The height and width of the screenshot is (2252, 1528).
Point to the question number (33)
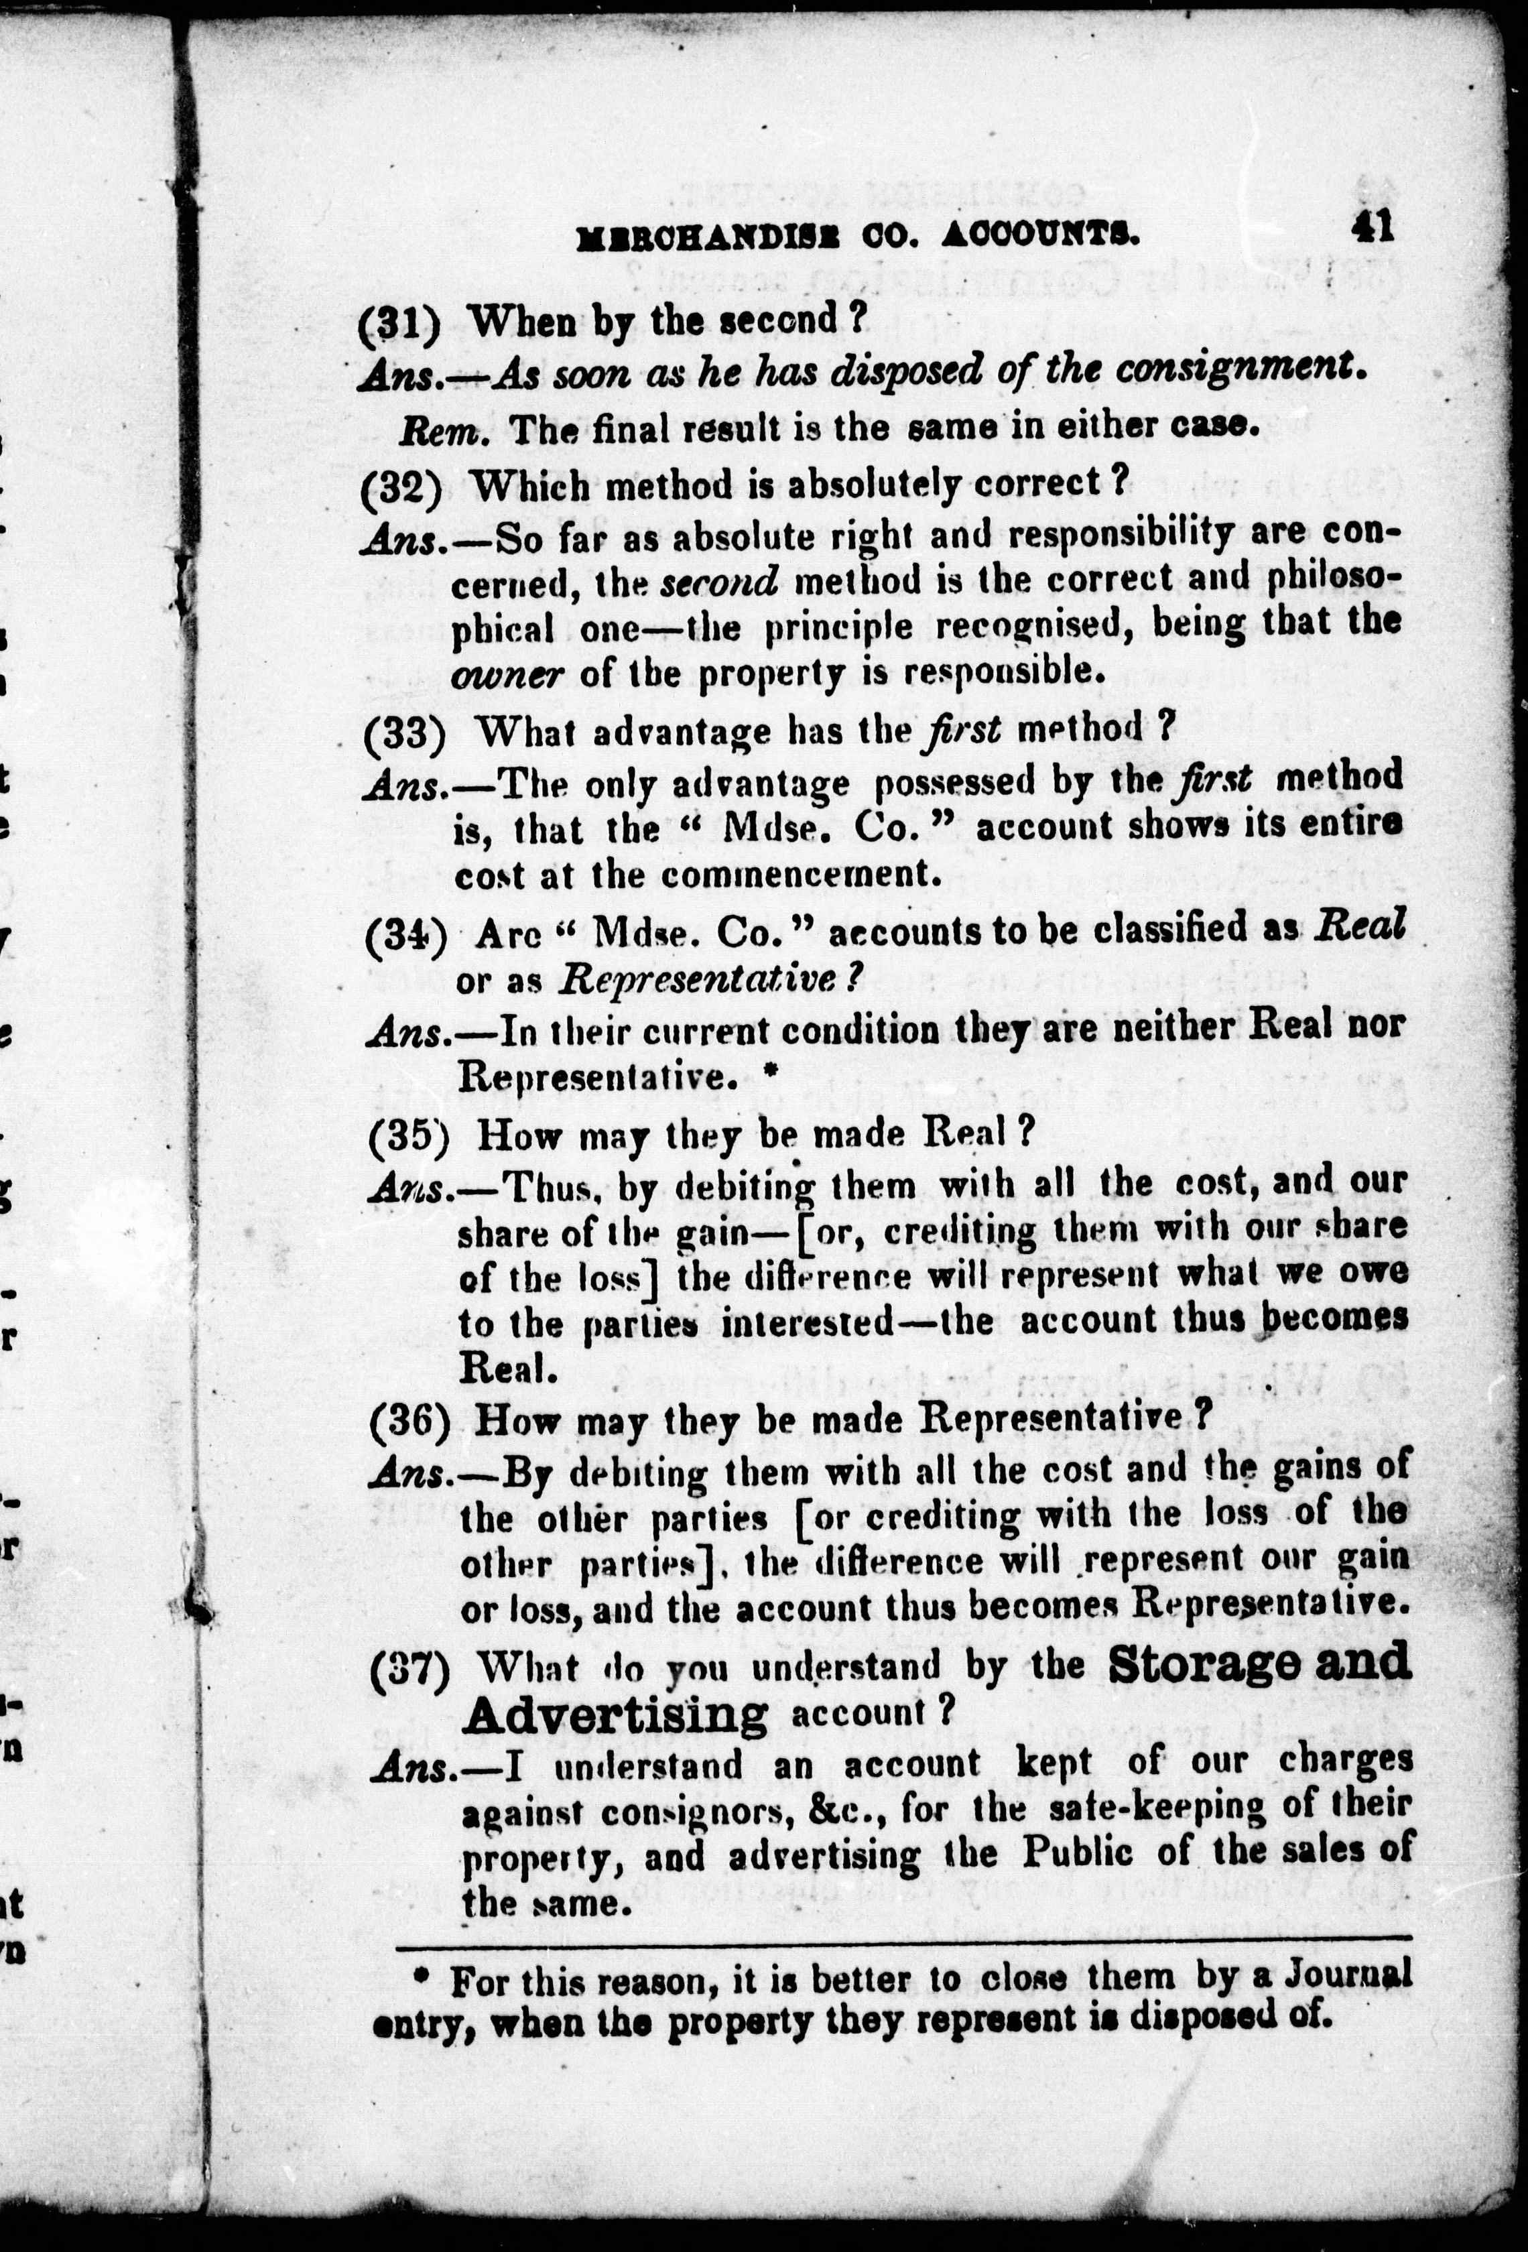(404, 735)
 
